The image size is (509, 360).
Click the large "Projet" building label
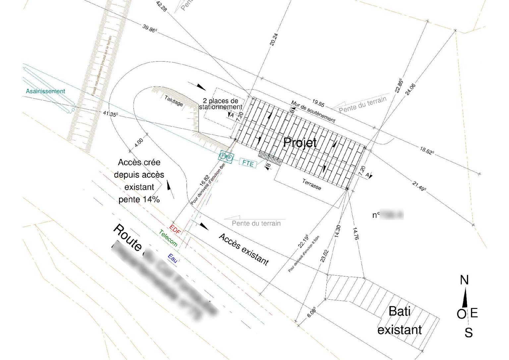pyautogui.click(x=300, y=143)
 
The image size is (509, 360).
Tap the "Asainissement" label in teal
pyautogui.click(x=45, y=91)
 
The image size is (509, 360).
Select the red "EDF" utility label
pyautogui.click(x=175, y=229)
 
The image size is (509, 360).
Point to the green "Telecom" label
pyautogui.click(x=168, y=238)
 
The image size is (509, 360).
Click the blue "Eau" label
pyautogui.click(x=172, y=258)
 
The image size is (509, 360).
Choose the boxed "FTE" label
pyautogui.click(x=248, y=163)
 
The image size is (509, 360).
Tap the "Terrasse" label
pyautogui.click(x=311, y=184)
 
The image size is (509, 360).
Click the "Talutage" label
pyautogui.click(x=174, y=101)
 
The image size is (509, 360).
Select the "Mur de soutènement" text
pyautogui.click(x=313, y=111)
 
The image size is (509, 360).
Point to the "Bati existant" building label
pyautogui.click(x=399, y=321)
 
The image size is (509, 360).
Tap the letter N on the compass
pyautogui.click(x=464, y=280)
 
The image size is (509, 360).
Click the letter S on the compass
pyautogui.click(x=468, y=332)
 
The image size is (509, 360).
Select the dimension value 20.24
pyautogui.click(x=274, y=39)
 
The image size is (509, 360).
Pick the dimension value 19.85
pyautogui.click(x=318, y=103)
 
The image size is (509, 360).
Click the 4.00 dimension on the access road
pyautogui.click(x=139, y=143)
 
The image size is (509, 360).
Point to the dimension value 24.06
pyautogui.click(x=410, y=90)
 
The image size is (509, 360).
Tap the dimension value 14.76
pyautogui.click(x=355, y=234)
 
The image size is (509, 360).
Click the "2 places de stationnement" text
pyautogui.click(x=221, y=104)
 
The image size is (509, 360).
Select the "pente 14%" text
pyautogui.click(x=139, y=200)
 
